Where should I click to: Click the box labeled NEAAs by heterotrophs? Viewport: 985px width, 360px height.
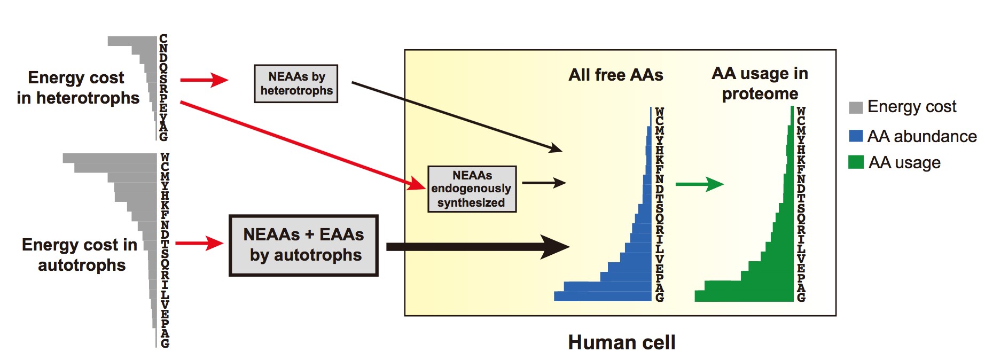(296, 84)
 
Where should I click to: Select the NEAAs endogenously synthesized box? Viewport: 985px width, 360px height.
(472, 189)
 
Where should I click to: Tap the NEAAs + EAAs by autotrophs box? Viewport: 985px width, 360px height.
(303, 246)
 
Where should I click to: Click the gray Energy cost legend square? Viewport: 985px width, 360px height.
(856, 107)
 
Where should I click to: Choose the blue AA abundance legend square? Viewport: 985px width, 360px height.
(856, 136)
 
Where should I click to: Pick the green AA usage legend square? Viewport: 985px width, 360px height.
(856, 162)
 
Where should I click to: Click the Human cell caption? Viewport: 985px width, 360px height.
(621, 342)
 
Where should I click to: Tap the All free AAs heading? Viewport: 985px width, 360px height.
(616, 75)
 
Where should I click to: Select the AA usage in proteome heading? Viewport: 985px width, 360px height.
(760, 83)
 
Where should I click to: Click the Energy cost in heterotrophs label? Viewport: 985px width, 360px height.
(77, 88)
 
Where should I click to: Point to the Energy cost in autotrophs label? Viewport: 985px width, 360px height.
(80, 255)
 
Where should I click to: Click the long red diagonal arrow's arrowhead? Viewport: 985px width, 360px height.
(417, 184)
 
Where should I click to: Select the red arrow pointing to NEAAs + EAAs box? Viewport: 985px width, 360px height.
(199, 244)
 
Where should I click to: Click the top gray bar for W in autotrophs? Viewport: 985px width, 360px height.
(110, 158)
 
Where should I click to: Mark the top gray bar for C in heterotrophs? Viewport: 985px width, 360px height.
(132, 41)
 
